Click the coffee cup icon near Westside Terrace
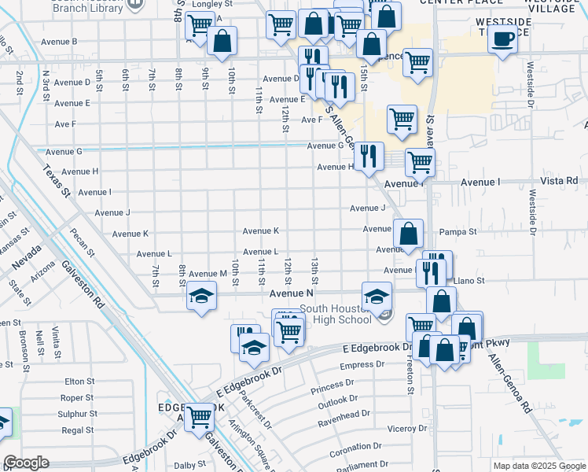click(x=502, y=39)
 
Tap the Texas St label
click(x=57, y=181)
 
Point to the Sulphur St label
click(x=78, y=414)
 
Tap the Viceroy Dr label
click(x=407, y=430)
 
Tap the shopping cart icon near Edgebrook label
click(x=200, y=416)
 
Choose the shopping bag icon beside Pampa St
click(x=409, y=234)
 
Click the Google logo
click(x=26, y=463)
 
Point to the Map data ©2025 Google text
click(x=538, y=466)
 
